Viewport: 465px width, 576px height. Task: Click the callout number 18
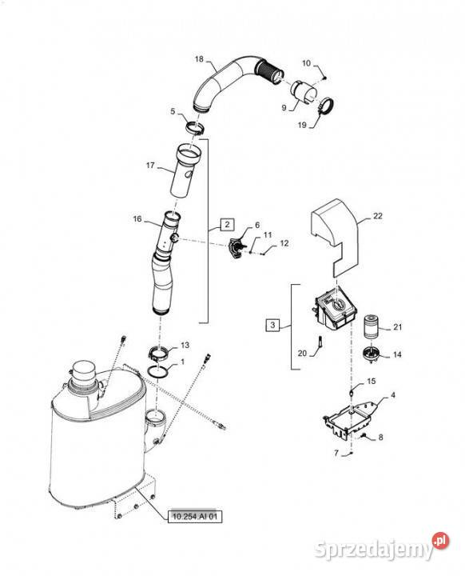pos(199,59)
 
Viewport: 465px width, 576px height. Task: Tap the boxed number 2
pos(227,224)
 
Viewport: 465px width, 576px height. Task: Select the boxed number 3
pos(272,325)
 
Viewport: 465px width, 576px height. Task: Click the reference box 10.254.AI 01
pos(195,516)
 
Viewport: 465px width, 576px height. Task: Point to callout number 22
pos(378,216)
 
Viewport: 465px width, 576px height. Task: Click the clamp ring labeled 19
pos(325,106)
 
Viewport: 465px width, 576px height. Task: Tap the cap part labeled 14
pos(370,355)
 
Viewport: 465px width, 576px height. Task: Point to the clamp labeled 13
pos(158,354)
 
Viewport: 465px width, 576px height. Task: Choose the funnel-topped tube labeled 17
pos(185,170)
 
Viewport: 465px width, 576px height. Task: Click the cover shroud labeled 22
pos(335,236)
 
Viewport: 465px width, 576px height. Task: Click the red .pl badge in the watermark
pos(440,540)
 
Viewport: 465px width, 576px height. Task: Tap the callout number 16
pos(137,219)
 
